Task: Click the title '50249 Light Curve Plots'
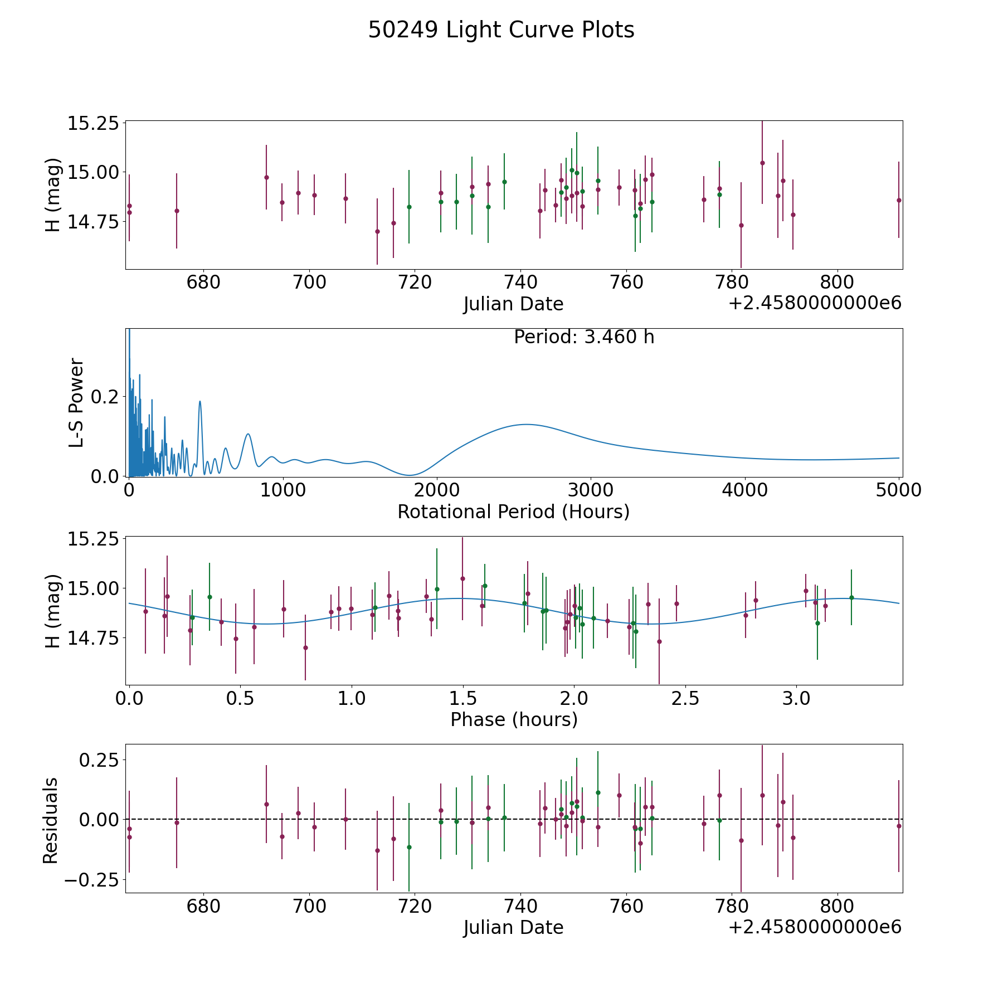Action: coord(501,30)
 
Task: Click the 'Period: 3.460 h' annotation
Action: coord(584,337)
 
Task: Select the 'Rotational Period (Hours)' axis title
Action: coord(513,512)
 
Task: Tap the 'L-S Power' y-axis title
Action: coord(76,402)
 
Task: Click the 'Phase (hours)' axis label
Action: coord(514,719)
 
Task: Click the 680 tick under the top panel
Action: coord(203,283)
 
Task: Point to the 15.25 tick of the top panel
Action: coord(94,123)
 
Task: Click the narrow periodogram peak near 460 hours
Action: coord(199,401)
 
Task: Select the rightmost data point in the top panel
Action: coord(899,200)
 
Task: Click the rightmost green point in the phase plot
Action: coord(851,597)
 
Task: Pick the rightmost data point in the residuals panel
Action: coord(899,826)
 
